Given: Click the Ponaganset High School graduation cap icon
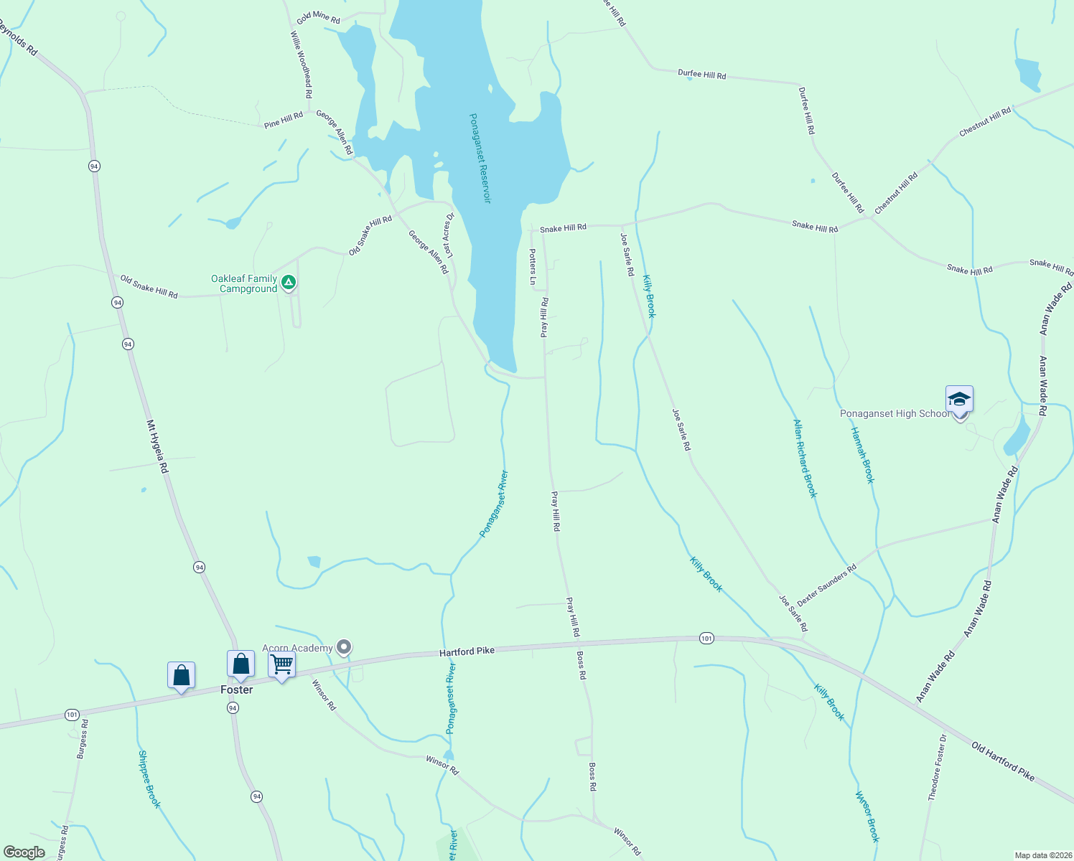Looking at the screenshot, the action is pos(959,399).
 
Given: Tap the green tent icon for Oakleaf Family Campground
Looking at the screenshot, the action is pos(288,283).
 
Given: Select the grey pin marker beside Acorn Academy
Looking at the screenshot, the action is pos(345,647).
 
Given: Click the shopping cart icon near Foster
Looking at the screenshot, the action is pos(281,664).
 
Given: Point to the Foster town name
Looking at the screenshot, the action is pos(237,690).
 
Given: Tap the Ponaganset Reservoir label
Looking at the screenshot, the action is pos(480,158).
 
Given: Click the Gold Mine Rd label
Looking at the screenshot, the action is pos(318,18).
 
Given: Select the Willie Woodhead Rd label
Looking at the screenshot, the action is pos(302,65).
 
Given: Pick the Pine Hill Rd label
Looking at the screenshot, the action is pos(283,120).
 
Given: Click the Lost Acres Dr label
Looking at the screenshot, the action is pos(449,235).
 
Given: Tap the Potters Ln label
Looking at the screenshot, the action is pos(533,266).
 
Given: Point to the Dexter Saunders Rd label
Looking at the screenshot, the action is pos(827,585).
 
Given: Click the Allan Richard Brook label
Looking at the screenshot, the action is pos(805,458).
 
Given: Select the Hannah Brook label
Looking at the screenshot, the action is pos(862,455).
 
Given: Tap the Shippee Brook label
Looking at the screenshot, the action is pos(149,779).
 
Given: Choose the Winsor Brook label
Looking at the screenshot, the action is pos(867,817).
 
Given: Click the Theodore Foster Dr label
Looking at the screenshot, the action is pos(937,767).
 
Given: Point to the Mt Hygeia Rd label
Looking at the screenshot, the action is pos(157,446).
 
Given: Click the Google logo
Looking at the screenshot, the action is pos(24,852).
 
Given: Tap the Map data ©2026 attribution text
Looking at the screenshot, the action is pos(1042,855).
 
